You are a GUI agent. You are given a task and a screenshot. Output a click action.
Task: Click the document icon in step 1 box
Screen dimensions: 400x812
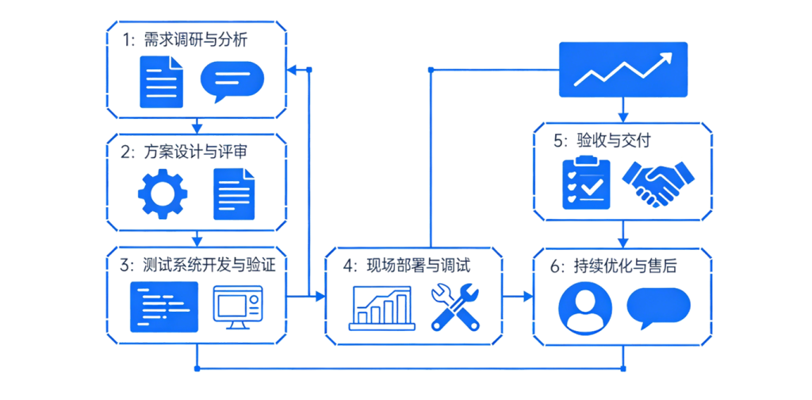(x=162, y=81)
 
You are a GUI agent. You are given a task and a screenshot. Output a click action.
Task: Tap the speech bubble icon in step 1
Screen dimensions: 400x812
(x=232, y=82)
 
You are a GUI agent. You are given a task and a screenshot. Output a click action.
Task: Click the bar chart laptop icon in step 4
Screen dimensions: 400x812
(x=382, y=308)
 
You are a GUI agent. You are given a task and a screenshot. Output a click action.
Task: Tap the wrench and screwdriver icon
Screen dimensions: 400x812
(x=455, y=307)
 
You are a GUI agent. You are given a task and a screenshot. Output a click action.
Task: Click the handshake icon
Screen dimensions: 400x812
(x=657, y=183)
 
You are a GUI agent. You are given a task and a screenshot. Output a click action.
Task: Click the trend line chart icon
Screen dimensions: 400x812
(x=623, y=70)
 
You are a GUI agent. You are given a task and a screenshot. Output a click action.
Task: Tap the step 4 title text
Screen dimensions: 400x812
(x=407, y=265)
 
